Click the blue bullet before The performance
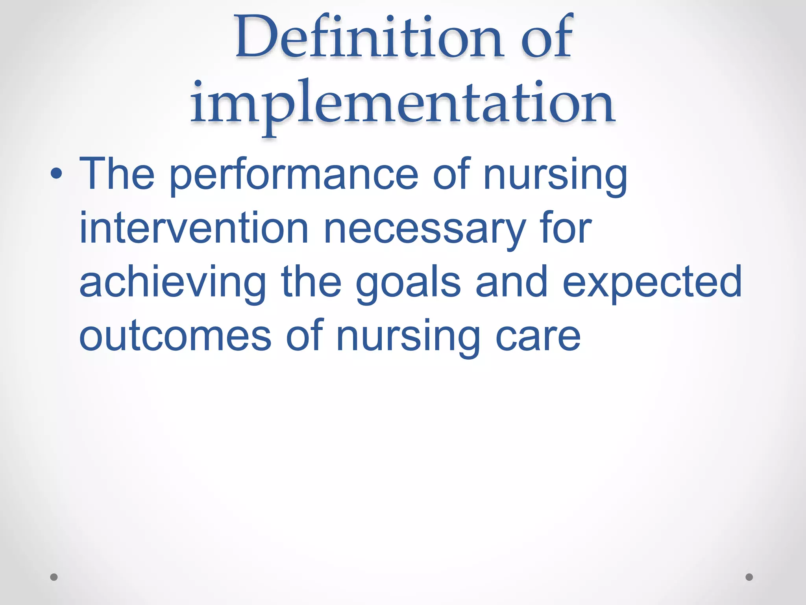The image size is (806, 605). pos(56,173)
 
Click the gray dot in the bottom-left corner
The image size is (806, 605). pos(54,577)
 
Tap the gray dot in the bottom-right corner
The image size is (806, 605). pos(749,577)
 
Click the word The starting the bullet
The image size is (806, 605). pos(117,174)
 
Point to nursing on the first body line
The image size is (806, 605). pos(555,175)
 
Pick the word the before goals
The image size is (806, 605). pos(311,282)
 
